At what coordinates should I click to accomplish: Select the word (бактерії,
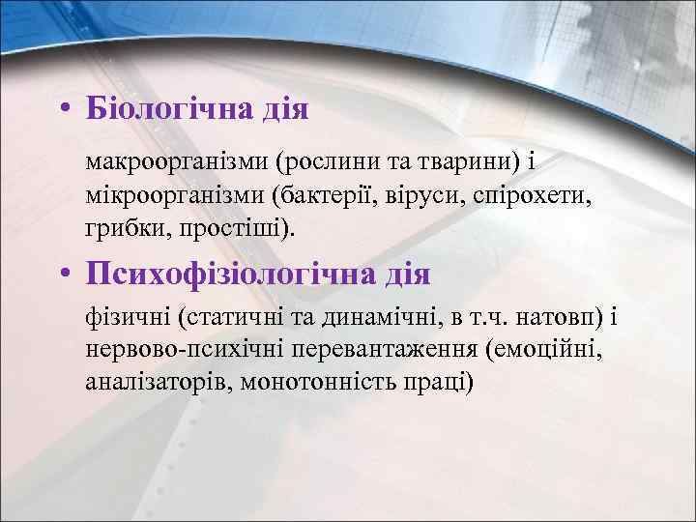click(329, 194)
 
